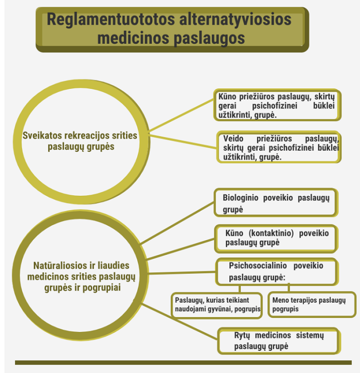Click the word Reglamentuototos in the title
(x=111, y=19)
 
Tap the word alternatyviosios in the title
(x=235, y=19)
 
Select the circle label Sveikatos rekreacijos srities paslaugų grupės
(x=80, y=141)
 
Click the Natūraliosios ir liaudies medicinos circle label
(x=81, y=276)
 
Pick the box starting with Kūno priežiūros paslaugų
(x=277, y=105)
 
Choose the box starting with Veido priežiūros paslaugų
(x=279, y=147)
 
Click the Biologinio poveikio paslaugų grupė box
(x=276, y=202)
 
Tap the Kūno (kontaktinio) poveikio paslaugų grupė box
(x=276, y=238)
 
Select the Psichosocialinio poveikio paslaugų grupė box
(x=277, y=271)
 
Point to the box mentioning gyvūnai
(x=217, y=305)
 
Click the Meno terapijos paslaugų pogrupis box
(x=312, y=305)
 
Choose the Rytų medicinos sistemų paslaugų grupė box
(x=279, y=341)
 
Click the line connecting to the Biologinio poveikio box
(x=177, y=223)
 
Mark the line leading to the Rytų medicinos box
(x=179, y=321)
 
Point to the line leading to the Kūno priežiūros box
(x=182, y=115)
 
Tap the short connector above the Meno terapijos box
(x=289, y=288)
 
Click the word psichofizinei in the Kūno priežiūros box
(x=275, y=106)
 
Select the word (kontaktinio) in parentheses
(x=271, y=233)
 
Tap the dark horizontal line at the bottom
(x=183, y=363)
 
